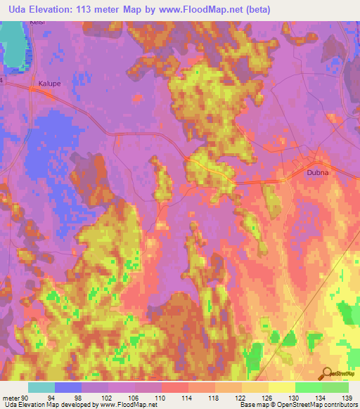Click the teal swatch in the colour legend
[41, 387]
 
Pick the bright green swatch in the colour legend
[309, 387]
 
